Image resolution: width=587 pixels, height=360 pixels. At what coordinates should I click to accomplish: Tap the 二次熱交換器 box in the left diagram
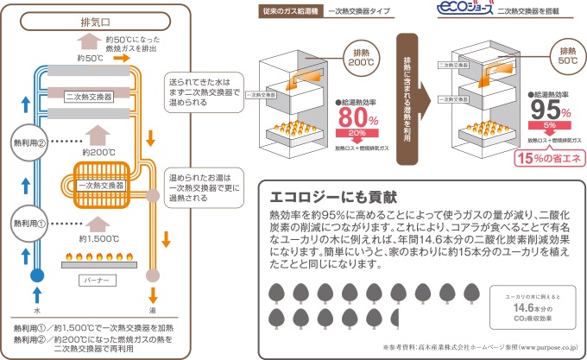(90, 96)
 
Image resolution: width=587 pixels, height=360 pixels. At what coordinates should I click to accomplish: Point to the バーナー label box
(96, 281)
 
